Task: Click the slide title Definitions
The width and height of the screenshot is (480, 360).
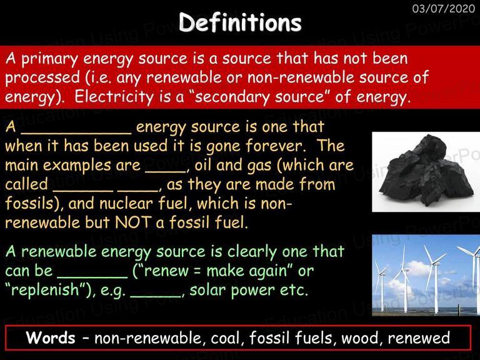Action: pyautogui.click(x=240, y=22)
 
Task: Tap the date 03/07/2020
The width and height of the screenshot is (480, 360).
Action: pyautogui.click(x=444, y=8)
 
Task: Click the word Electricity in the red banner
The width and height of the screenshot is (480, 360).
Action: pyautogui.click(x=114, y=97)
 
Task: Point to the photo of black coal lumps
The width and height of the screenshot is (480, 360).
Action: pyautogui.click(x=426, y=172)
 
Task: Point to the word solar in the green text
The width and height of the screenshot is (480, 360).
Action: pyautogui.click(x=207, y=290)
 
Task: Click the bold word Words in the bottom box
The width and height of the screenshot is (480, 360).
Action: pyautogui.click(x=51, y=337)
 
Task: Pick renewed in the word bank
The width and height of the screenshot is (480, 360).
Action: pyautogui.click(x=419, y=338)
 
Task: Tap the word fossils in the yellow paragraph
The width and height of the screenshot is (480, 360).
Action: pyautogui.click(x=29, y=203)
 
